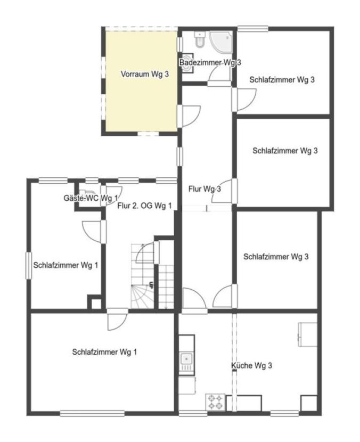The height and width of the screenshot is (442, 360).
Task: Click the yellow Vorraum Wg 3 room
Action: [141, 81]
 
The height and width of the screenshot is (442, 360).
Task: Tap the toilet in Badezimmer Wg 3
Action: [200, 39]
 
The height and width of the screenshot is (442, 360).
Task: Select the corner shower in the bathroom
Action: [220, 42]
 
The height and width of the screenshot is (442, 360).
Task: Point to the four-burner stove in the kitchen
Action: [215, 402]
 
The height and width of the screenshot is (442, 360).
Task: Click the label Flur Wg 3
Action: [204, 189]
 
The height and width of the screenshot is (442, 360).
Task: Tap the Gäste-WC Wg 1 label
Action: [91, 198]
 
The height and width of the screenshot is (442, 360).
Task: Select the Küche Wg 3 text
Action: [251, 366]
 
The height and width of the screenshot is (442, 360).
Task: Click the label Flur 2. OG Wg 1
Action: [144, 206]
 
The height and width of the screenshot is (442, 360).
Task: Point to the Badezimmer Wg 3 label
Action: [210, 62]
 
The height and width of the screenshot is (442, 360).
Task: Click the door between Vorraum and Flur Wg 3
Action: [189, 116]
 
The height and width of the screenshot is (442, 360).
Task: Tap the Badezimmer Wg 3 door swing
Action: [219, 76]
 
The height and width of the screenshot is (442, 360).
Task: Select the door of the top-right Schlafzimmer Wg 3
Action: [244, 100]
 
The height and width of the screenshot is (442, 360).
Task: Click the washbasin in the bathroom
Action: [186, 63]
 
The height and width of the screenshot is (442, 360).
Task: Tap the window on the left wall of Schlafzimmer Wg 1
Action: [28, 266]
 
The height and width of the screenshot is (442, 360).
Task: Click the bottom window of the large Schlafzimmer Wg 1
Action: [92, 414]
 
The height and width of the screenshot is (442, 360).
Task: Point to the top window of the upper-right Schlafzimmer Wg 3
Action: [252, 28]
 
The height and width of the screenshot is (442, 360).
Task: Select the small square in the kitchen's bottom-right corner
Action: [309, 403]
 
